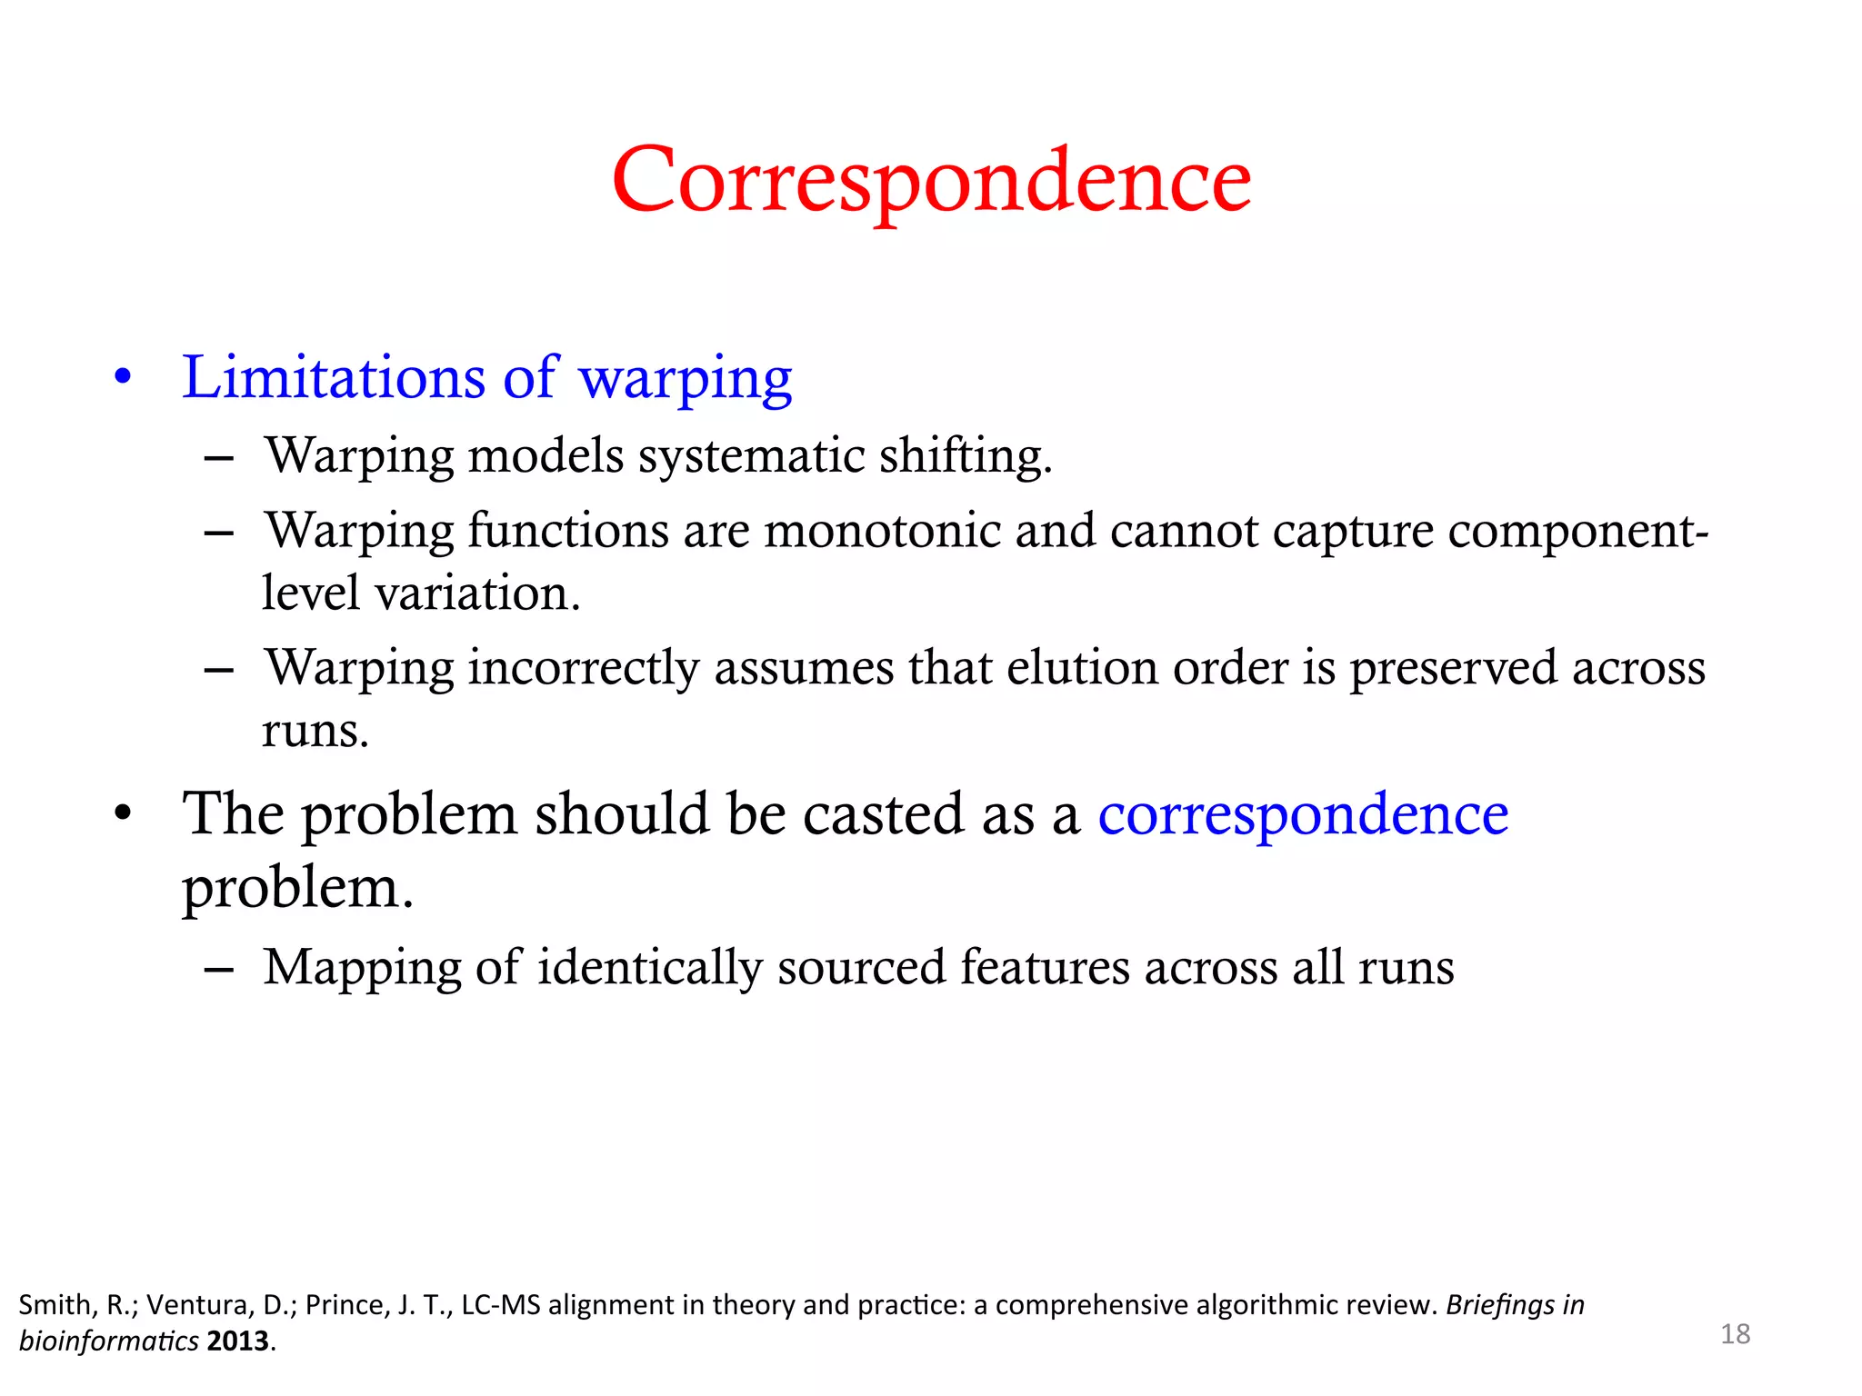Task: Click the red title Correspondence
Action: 931,181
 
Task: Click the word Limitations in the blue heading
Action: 333,377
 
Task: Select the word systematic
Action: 751,455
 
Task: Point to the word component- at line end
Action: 1577,533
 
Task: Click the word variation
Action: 477,593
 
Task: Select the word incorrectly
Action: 584,668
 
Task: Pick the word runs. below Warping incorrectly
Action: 315,731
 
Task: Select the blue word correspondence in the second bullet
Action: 1303,815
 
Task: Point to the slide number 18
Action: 1735,1334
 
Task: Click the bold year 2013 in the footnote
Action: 238,1341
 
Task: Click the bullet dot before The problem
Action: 124,813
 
